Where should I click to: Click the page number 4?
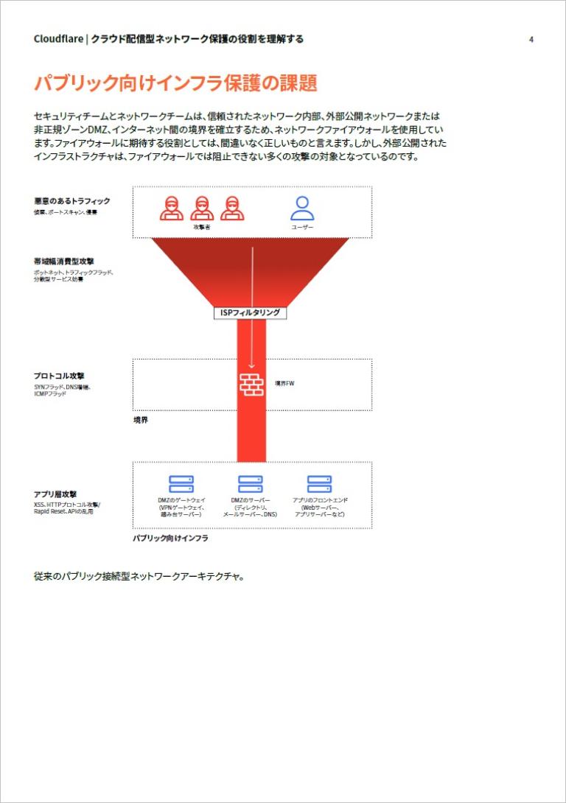(531, 40)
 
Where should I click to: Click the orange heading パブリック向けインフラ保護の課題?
(175, 83)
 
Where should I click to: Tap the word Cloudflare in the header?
(57, 40)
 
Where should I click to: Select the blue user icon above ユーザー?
(302, 208)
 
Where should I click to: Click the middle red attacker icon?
(202, 208)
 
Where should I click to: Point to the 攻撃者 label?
(202, 228)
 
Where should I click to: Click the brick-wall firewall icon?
(251, 384)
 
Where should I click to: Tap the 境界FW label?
(285, 384)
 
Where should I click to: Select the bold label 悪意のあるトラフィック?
(71, 201)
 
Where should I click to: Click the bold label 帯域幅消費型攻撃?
(63, 261)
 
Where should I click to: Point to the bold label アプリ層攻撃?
(55, 494)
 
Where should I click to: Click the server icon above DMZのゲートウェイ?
(181, 484)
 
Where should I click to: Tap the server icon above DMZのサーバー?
(251, 484)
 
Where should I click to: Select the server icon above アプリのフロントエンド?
(320, 484)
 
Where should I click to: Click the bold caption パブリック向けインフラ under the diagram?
(170, 539)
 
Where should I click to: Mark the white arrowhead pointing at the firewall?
(251, 364)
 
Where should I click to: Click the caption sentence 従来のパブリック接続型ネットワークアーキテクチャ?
(139, 576)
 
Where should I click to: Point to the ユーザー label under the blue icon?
(302, 228)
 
